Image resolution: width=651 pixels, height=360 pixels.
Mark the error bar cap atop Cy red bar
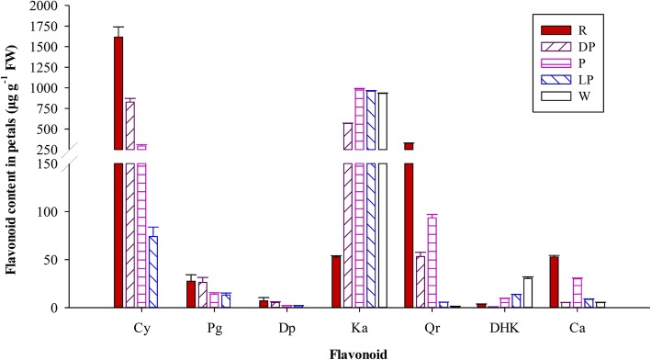click(118, 27)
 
